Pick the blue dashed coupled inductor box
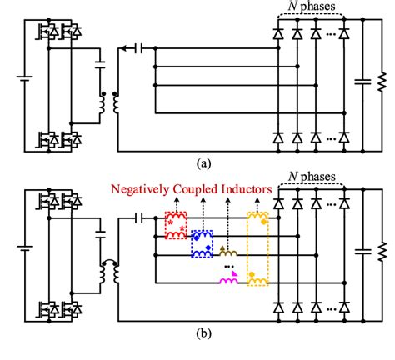click(201, 242)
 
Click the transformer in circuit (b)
click(108, 271)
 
